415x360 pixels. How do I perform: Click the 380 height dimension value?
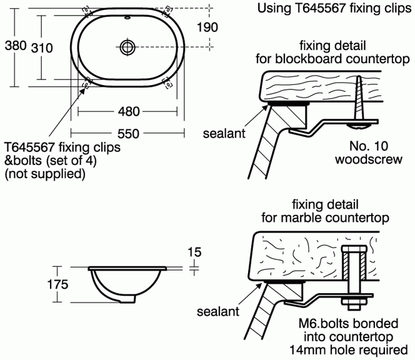pos(15,46)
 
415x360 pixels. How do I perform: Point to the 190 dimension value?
pos(207,27)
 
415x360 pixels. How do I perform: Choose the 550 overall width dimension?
pos(127,132)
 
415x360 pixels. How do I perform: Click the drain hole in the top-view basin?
pos(127,46)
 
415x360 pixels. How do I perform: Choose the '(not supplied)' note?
pos(44,174)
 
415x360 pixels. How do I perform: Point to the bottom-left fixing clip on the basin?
pos(87,81)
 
